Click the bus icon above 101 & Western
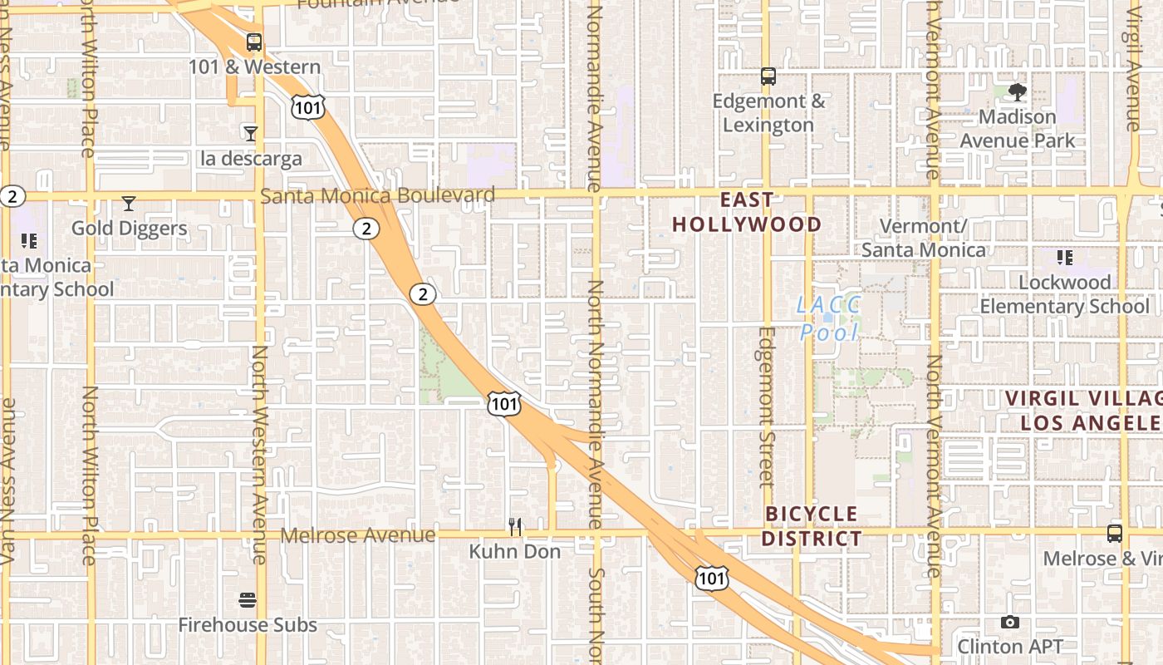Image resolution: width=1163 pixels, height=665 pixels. [x=254, y=42]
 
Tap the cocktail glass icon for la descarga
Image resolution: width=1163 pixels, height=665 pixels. [x=250, y=133]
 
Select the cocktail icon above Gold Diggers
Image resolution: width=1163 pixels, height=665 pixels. [x=129, y=203]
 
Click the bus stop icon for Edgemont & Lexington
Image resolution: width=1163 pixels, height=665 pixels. [x=768, y=76]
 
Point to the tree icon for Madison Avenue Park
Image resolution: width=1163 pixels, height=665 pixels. [x=1017, y=91]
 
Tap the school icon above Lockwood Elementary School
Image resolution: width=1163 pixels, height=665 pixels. [x=1064, y=258]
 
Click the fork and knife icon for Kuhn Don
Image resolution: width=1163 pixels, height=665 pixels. [x=515, y=526]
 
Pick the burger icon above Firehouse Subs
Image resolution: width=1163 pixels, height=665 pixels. [x=248, y=599]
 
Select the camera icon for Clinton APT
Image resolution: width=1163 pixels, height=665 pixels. [x=1010, y=622]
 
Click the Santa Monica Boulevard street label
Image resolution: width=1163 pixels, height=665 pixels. [x=378, y=195]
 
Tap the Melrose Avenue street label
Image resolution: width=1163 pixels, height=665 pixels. [x=357, y=534]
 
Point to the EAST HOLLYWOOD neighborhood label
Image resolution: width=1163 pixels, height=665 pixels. [x=746, y=212]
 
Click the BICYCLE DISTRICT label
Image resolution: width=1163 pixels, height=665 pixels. [x=812, y=526]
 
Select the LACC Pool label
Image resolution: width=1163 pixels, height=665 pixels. [x=828, y=318]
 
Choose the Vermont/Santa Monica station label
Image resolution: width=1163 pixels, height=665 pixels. [x=923, y=238]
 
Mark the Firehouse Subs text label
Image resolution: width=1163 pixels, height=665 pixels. [x=248, y=625]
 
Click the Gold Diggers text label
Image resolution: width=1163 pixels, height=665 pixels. [x=129, y=228]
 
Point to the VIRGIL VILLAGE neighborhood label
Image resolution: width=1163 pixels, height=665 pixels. [x=1082, y=411]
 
